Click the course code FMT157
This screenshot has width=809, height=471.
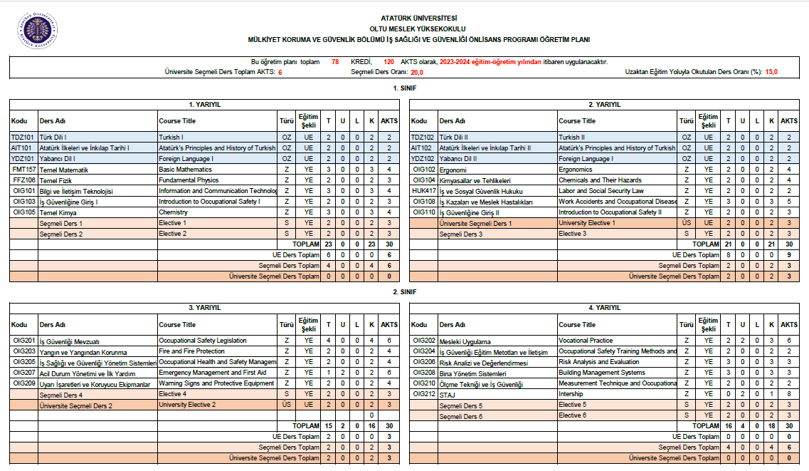pyautogui.click(x=23, y=170)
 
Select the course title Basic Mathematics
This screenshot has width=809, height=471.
pyautogui.click(x=185, y=170)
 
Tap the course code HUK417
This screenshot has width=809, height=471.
pyautogui.click(x=424, y=191)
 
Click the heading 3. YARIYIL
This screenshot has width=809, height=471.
pyautogui.click(x=205, y=308)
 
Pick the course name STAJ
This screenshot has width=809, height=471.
pyautogui.click(x=447, y=394)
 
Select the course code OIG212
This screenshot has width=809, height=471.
pyautogui.click(x=424, y=393)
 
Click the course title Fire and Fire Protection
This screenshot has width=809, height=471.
pyautogui.click(x=191, y=351)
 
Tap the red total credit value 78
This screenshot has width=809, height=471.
pyautogui.click(x=335, y=62)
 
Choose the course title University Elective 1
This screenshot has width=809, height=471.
pyautogui.click(x=587, y=223)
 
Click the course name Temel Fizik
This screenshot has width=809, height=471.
pyautogui.click(x=55, y=181)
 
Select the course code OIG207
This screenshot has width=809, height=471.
pyautogui.click(x=23, y=373)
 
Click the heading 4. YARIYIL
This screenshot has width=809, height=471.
pyautogui.click(x=605, y=308)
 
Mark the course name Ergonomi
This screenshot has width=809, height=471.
pyautogui.click(x=453, y=170)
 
